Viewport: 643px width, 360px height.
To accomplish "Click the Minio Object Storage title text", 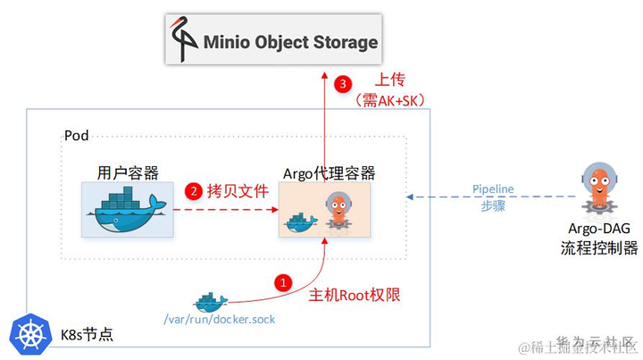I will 291,42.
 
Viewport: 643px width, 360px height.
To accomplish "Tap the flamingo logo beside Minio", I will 186,41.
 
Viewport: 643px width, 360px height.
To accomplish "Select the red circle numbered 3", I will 340,84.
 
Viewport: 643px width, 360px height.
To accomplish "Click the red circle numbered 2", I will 192,190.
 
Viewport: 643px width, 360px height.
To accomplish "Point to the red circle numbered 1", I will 283,282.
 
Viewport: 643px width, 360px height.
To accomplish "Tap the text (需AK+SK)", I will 389,101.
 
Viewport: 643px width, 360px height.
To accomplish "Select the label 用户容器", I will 127,172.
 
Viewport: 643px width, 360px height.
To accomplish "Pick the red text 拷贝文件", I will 236,190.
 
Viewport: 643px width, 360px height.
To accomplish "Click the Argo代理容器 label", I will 329,172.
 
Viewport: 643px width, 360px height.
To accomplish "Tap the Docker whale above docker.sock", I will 210,300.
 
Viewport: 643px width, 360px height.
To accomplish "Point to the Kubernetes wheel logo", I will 29,335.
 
